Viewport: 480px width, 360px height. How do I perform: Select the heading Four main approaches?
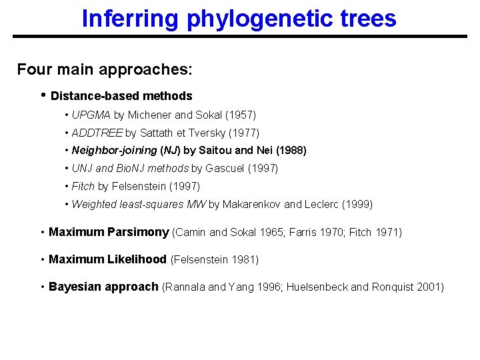click(105, 69)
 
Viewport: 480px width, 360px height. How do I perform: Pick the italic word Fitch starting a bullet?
click(83, 187)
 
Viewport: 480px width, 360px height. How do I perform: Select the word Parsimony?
click(137, 233)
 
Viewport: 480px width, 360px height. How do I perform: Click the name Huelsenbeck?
click(317, 287)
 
